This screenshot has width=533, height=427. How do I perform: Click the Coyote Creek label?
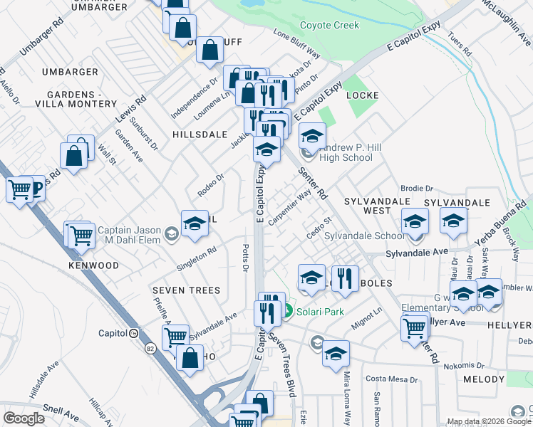point(329,26)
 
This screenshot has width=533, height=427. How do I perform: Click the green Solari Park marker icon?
point(289,312)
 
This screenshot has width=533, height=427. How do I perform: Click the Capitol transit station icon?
point(133,333)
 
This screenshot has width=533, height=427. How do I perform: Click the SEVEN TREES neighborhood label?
point(185,290)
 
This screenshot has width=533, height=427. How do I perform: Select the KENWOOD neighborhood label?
point(93,265)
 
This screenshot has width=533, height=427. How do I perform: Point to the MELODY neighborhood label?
point(484,380)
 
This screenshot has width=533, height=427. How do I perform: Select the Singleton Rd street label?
point(197,259)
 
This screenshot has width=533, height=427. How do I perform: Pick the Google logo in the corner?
point(24,418)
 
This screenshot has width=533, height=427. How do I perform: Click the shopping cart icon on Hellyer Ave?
point(415,328)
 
